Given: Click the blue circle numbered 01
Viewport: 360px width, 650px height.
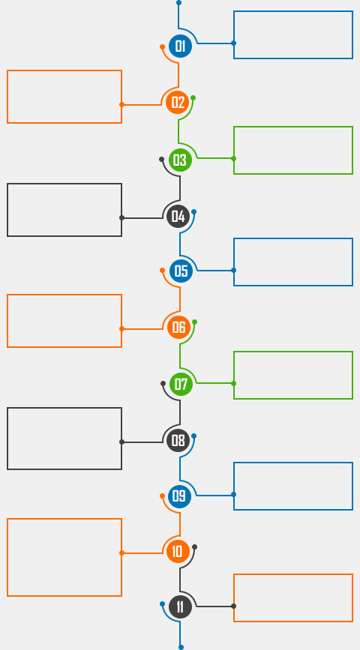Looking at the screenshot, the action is [181, 46].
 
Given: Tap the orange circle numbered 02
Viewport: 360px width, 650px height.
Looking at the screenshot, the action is [178, 102].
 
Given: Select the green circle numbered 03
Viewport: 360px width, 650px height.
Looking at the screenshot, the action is [181, 160].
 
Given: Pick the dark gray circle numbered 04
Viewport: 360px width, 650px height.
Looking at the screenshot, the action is [178, 217].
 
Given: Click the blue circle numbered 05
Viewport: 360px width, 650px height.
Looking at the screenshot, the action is [181, 271].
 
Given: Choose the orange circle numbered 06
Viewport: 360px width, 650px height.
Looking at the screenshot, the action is [178, 327].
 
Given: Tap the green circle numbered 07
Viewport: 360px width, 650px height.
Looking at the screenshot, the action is [181, 385].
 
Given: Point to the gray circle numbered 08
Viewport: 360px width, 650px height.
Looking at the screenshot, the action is [178, 440].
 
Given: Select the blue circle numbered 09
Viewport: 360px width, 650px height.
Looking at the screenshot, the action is [179, 496].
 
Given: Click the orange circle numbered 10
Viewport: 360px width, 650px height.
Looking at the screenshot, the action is [178, 551].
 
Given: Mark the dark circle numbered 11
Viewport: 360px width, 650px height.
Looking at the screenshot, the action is [181, 607].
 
